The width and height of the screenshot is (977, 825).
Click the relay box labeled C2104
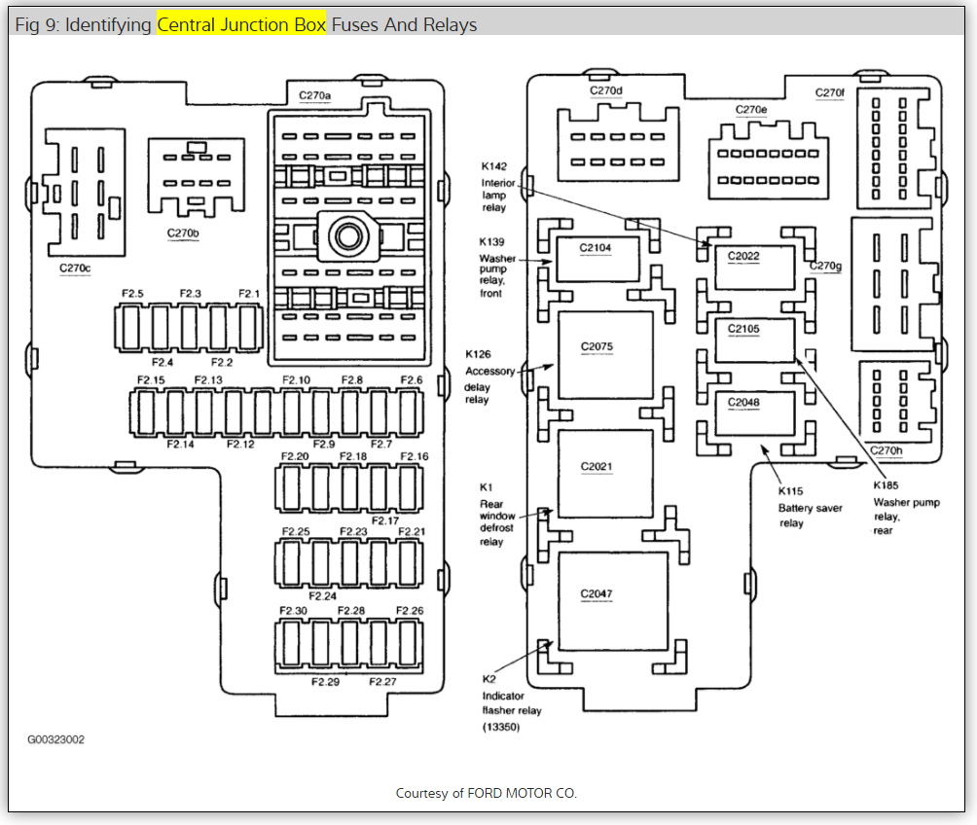click(596, 259)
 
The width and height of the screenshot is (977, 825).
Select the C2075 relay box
click(603, 356)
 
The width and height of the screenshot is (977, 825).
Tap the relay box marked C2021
click(603, 475)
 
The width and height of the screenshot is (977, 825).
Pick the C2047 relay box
click(611, 600)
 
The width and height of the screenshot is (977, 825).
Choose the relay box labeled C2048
click(753, 412)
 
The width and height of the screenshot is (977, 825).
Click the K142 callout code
click(493, 166)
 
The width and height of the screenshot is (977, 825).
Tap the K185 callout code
click(886, 485)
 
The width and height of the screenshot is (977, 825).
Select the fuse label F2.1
click(250, 293)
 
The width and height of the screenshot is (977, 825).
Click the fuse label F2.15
click(151, 379)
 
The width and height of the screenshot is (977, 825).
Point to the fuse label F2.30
click(293, 610)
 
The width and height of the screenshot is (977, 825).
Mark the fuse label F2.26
click(410, 610)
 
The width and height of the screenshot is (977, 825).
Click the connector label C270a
click(315, 95)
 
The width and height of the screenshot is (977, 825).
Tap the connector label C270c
click(75, 268)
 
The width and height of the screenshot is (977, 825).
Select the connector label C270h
click(886, 450)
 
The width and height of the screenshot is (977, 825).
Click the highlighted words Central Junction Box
click(241, 24)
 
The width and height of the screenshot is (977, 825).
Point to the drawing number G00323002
click(55, 739)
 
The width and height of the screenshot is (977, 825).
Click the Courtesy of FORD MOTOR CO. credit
click(487, 793)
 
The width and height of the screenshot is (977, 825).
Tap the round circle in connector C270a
click(346, 234)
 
